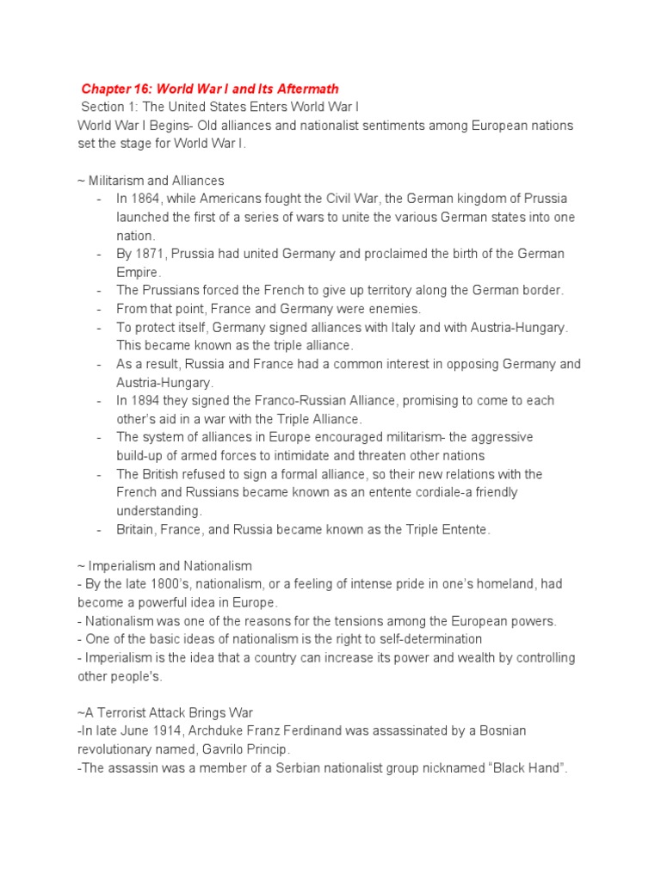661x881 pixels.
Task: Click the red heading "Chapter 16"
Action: point(114,89)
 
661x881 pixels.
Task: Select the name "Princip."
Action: point(263,749)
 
